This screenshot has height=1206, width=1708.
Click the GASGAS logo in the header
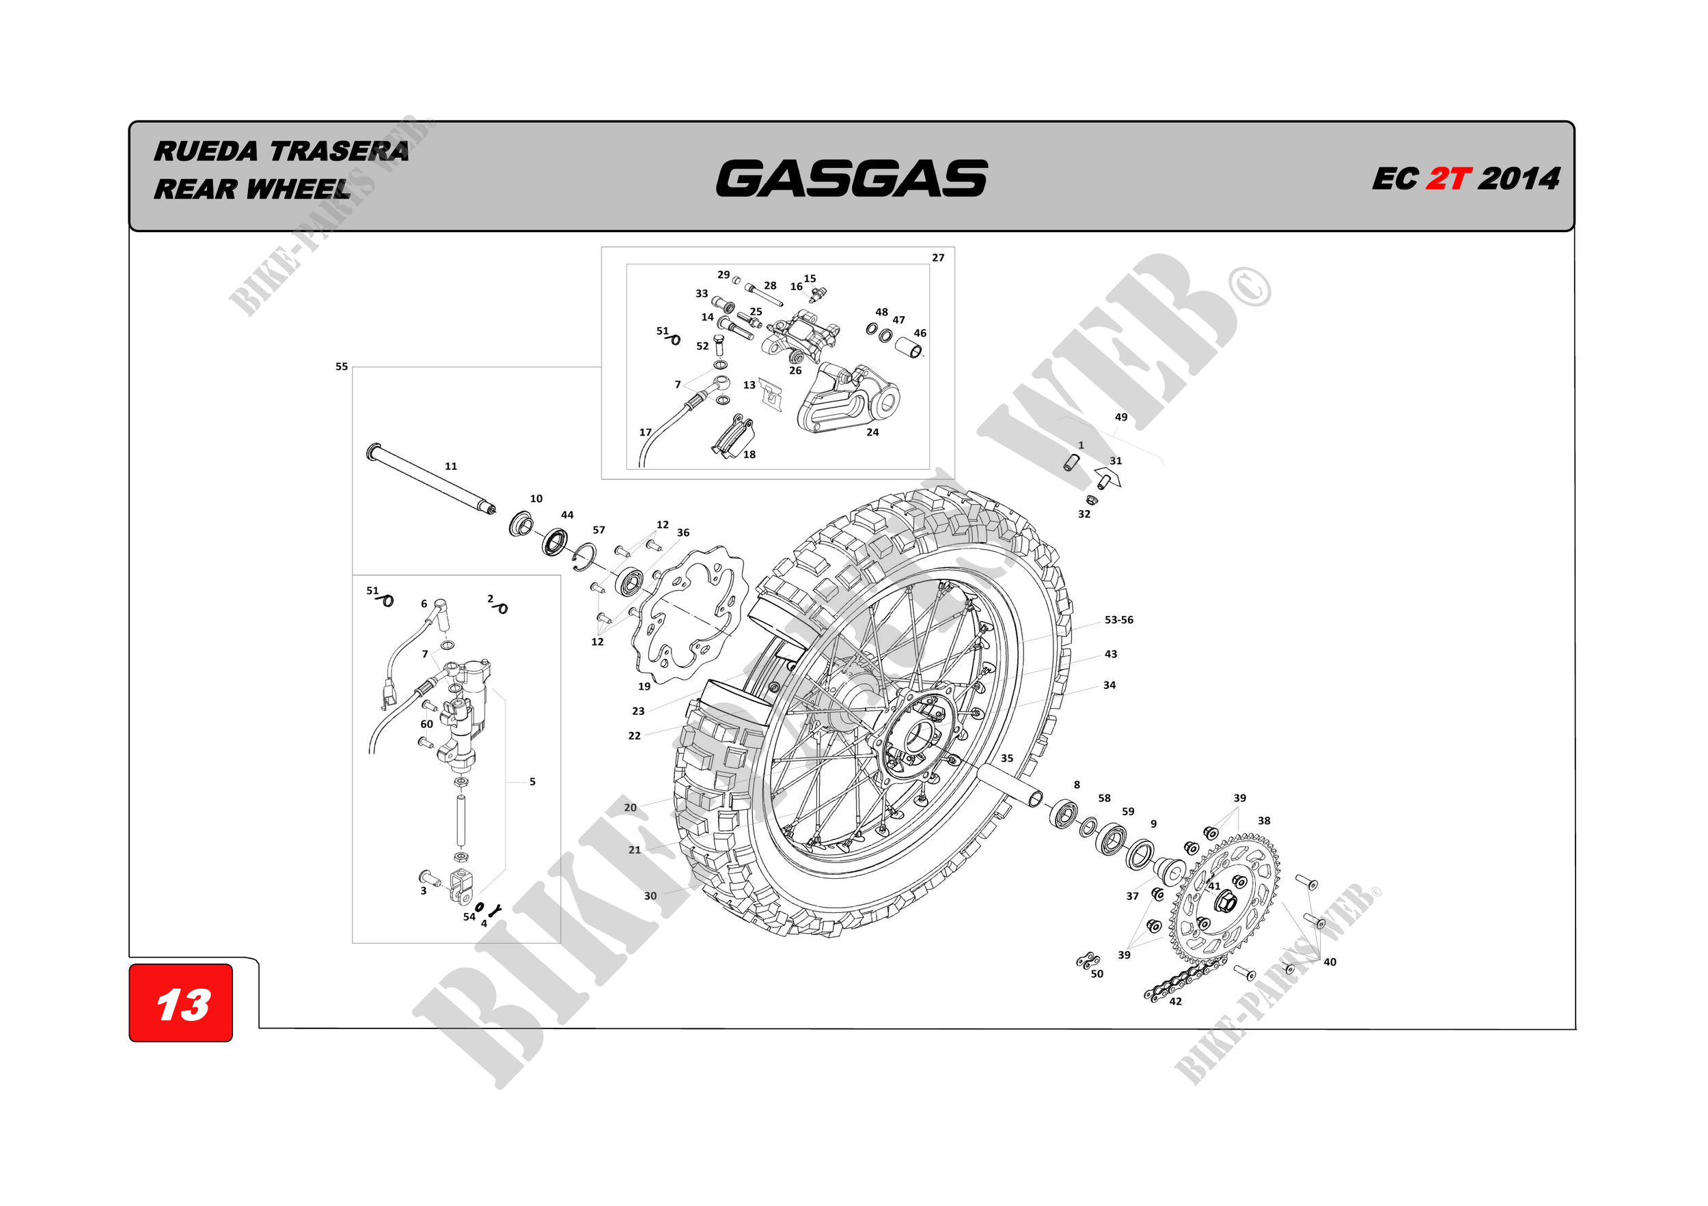click(x=852, y=178)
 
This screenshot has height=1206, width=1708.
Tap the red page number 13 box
click(x=181, y=1004)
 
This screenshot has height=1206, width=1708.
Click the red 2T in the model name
click(x=1448, y=179)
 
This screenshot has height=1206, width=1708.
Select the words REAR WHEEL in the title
click(x=251, y=190)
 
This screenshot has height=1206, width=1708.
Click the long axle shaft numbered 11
click(x=432, y=480)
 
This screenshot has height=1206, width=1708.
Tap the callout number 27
click(x=938, y=258)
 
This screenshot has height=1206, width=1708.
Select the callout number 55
click(x=342, y=367)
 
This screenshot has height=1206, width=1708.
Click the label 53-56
click(x=1118, y=620)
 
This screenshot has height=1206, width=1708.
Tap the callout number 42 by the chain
click(x=1175, y=1002)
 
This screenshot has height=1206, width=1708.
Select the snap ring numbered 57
click(x=585, y=557)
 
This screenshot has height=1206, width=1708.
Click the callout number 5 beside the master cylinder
click(x=533, y=782)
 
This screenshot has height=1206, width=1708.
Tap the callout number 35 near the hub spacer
click(x=1006, y=759)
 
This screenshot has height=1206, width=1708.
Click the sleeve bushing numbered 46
click(x=909, y=347)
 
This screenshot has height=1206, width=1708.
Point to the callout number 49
click(x=1121, y=417)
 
